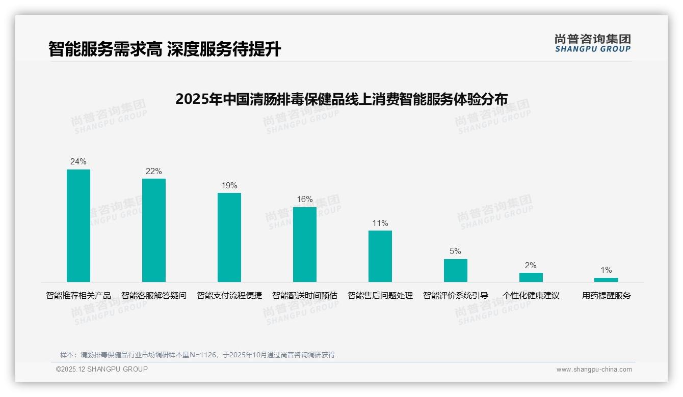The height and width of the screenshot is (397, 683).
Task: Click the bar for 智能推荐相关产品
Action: [78, 225]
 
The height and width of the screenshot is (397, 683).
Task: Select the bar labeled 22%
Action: [154, 230]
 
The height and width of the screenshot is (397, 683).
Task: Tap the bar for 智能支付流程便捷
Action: [229, 237]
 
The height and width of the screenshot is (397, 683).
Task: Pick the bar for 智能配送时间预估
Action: [305, 244]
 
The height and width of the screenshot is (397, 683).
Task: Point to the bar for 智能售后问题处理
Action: [380, 256]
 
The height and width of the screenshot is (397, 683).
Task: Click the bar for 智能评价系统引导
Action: [456, 270]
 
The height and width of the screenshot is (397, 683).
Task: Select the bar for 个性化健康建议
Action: [531, 277]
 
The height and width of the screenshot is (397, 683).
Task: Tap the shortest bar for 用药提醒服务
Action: [606, 280]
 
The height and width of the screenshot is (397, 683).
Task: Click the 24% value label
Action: [78, 161]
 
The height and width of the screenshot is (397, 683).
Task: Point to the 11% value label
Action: [380, 223]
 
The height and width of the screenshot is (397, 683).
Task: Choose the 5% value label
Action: [456, 251]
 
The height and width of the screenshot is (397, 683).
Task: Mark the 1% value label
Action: [606, 270]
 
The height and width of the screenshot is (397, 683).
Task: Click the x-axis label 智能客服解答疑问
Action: [154, 296]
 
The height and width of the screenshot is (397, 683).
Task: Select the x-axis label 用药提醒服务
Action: [606, 296]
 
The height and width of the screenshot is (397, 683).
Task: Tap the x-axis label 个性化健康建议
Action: [531, 296]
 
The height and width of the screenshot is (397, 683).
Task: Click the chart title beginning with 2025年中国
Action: [341, 99]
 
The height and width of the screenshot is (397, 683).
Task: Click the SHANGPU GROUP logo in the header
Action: [593, 43]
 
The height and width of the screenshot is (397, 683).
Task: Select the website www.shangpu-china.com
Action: [594, 370]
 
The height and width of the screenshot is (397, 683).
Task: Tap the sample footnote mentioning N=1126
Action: [198, 355]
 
